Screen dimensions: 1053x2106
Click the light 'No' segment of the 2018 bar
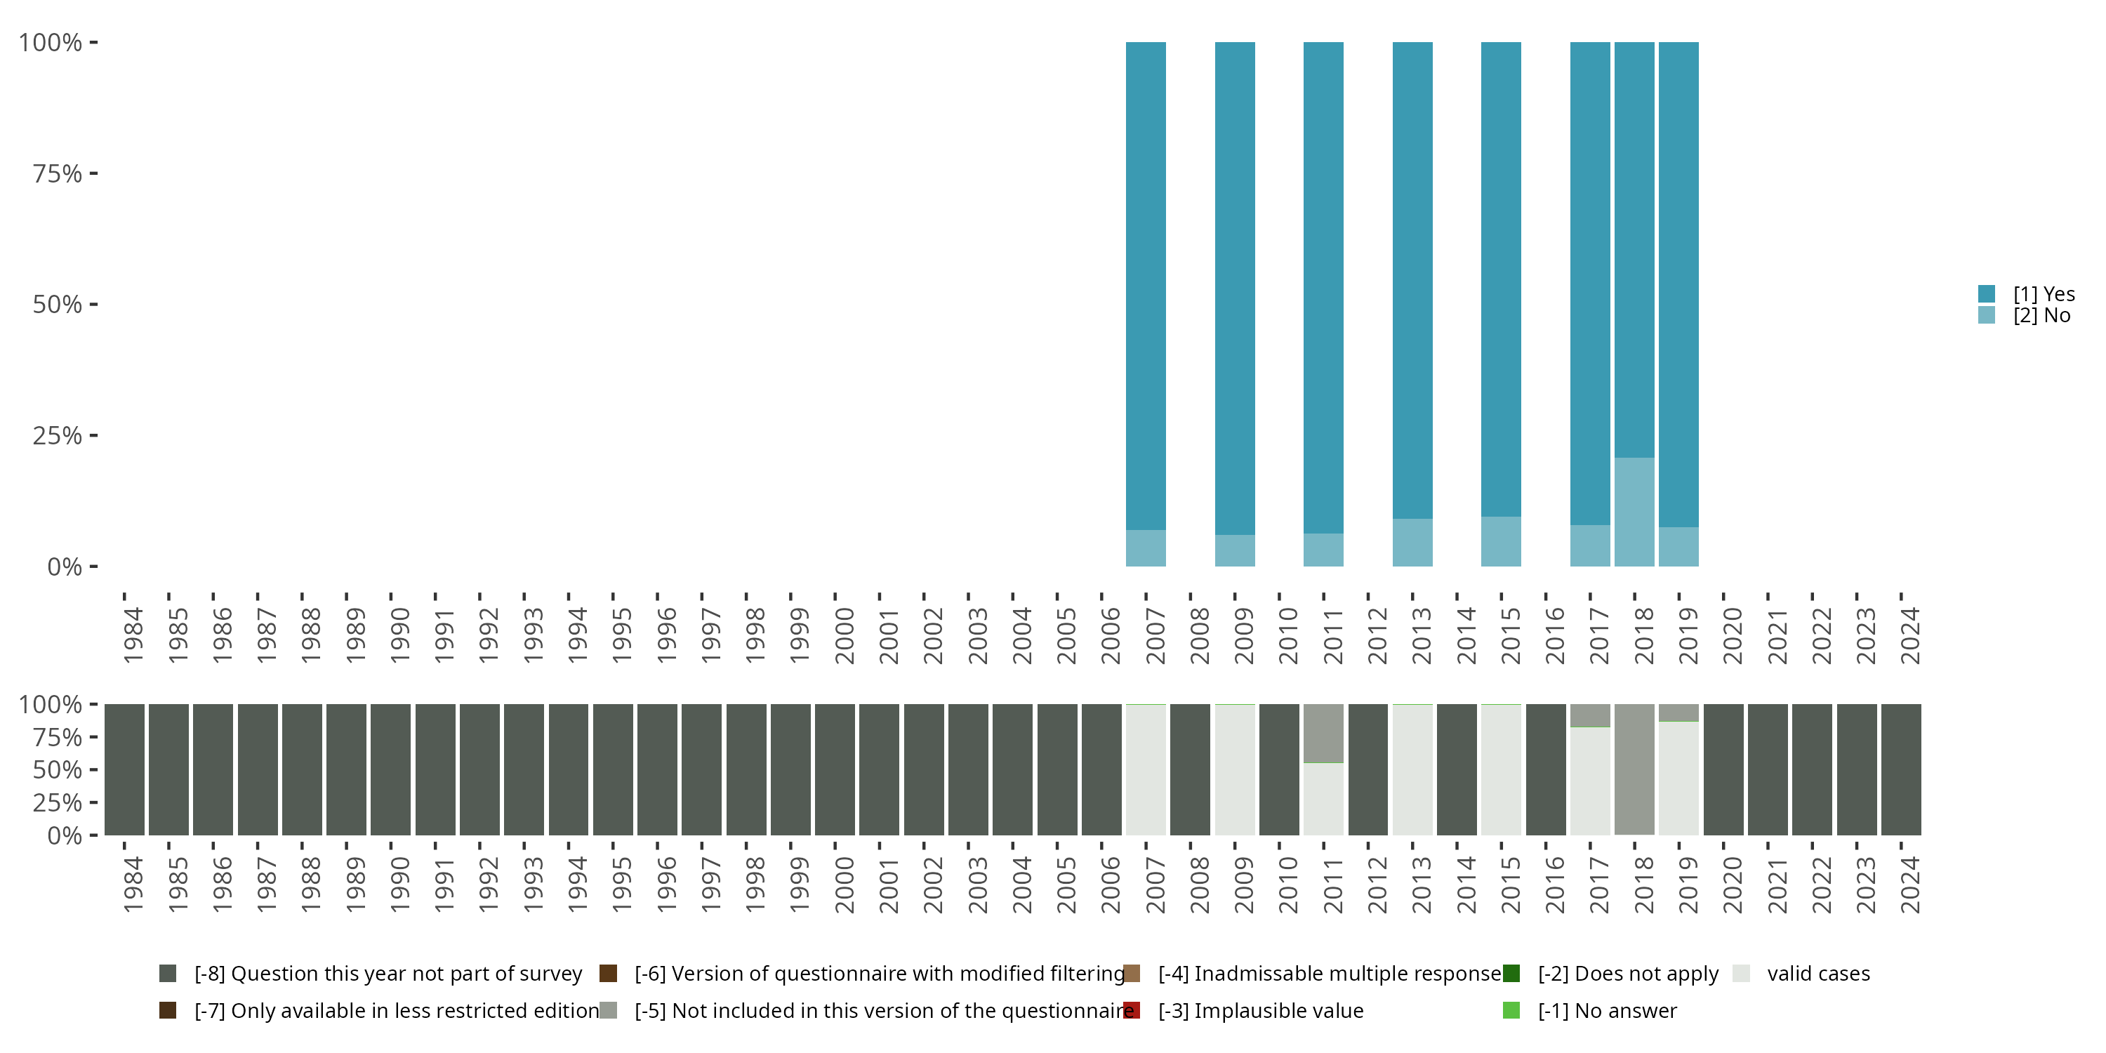(x=1634, y=512)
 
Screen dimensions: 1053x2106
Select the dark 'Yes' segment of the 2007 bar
(x=1146, y=286)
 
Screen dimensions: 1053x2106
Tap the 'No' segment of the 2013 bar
(x=1412, y=542)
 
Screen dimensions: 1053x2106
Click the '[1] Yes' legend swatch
(x=1987, y=293)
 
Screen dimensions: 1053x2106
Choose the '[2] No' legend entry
(x=2041, y=316)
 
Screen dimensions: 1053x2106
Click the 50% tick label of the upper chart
(x=58, y=305)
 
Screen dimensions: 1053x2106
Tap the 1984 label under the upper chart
(x=133, y=635)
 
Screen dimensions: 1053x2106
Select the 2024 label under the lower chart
(x=1909, y=885)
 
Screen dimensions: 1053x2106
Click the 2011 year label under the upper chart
(x=1332, y=635)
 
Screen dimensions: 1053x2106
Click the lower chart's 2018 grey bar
(x=1634, y=769)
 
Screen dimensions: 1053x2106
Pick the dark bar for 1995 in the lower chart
(x=612, y=769)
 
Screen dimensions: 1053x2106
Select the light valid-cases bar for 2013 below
(x=1412, y=769)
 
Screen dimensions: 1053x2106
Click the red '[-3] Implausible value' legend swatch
(x=1132, y=1010)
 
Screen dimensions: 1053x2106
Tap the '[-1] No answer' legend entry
(x=1606, y=1010)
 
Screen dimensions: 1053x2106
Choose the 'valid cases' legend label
(x=1818, y=974)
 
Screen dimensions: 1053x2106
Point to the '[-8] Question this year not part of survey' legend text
(x=388, y=974)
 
